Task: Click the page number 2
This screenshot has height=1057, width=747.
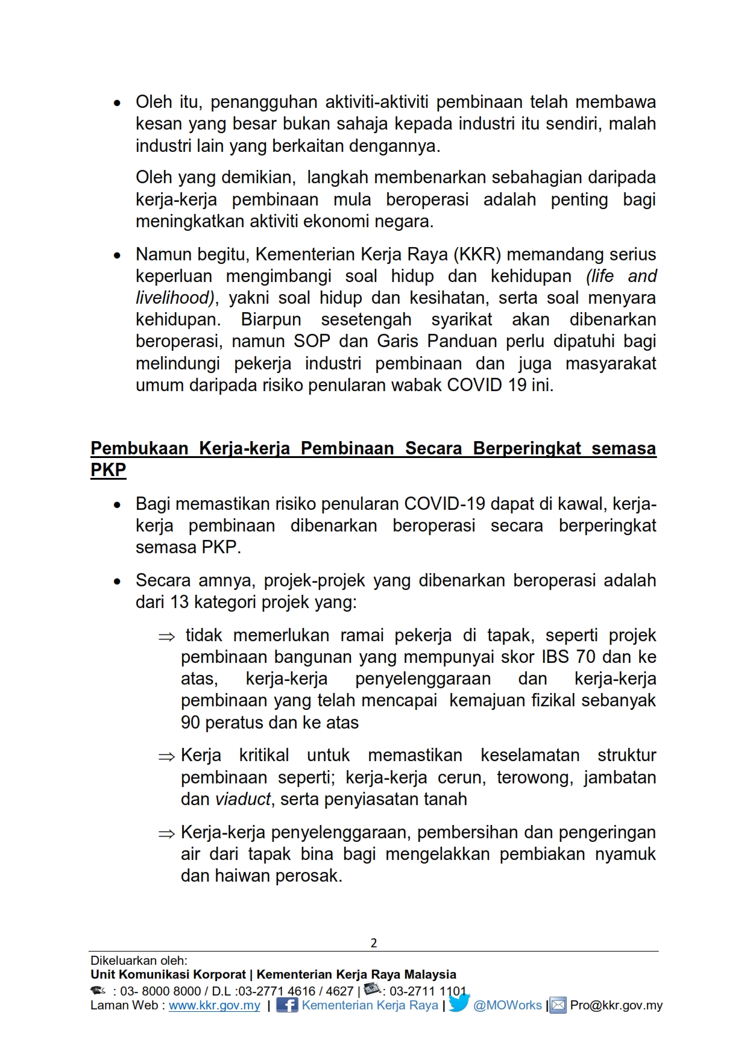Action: coord(373,943)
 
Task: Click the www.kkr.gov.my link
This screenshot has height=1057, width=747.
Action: coord(214,1005)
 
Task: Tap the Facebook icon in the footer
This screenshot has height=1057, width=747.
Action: coord(287,1005)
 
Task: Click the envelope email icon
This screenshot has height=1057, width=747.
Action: coord(558,1005)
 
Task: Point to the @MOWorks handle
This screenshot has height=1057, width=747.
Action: coord(508,1005)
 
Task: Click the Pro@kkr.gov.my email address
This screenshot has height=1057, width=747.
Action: coord(616,1005)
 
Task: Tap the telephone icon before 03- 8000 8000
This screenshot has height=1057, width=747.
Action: coord(98,990)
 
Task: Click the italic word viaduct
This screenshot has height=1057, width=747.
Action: coord(243,799)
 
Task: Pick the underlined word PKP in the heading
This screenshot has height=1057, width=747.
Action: coord(109,470)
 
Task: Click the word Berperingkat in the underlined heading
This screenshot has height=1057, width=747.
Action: coord(527,448)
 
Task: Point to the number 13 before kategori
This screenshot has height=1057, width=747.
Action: coord(180,602)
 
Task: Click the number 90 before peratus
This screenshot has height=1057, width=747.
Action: coord(191,723)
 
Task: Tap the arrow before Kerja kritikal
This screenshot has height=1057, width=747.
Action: coord(166,757)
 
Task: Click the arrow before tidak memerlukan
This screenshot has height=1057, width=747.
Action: coord(166,637)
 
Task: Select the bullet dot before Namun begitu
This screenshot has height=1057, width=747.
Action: coord(118,256)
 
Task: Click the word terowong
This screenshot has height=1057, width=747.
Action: coord(533,777)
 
